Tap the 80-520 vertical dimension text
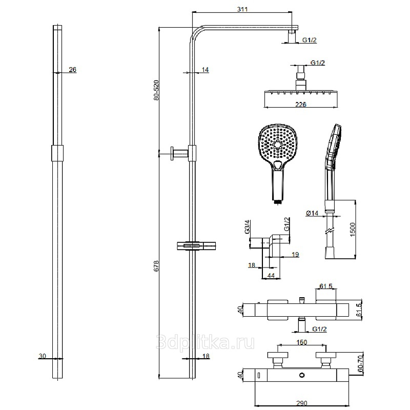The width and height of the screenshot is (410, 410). pyautogui.click(x=156, y=90)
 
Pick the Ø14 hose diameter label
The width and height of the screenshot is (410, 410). pyautogui.click(x=312, y=213)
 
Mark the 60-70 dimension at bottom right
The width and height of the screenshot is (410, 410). pyautogui.click(x=360, y=362)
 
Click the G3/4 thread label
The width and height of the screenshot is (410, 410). pyautogui.click(x=248, y=227)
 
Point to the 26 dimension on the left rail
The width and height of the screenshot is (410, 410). pyautogui.click(x=72, y=69)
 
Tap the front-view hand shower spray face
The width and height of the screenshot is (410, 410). pyautogui.click(x=277, y=143)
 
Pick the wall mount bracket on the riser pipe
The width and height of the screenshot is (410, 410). pyautogui.click(x=192, y=152)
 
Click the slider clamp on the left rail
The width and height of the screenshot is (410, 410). pyautogui.click(x=57, y=153)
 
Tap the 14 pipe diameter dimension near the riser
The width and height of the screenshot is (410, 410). pyautogui.click(x=205, y=69)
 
